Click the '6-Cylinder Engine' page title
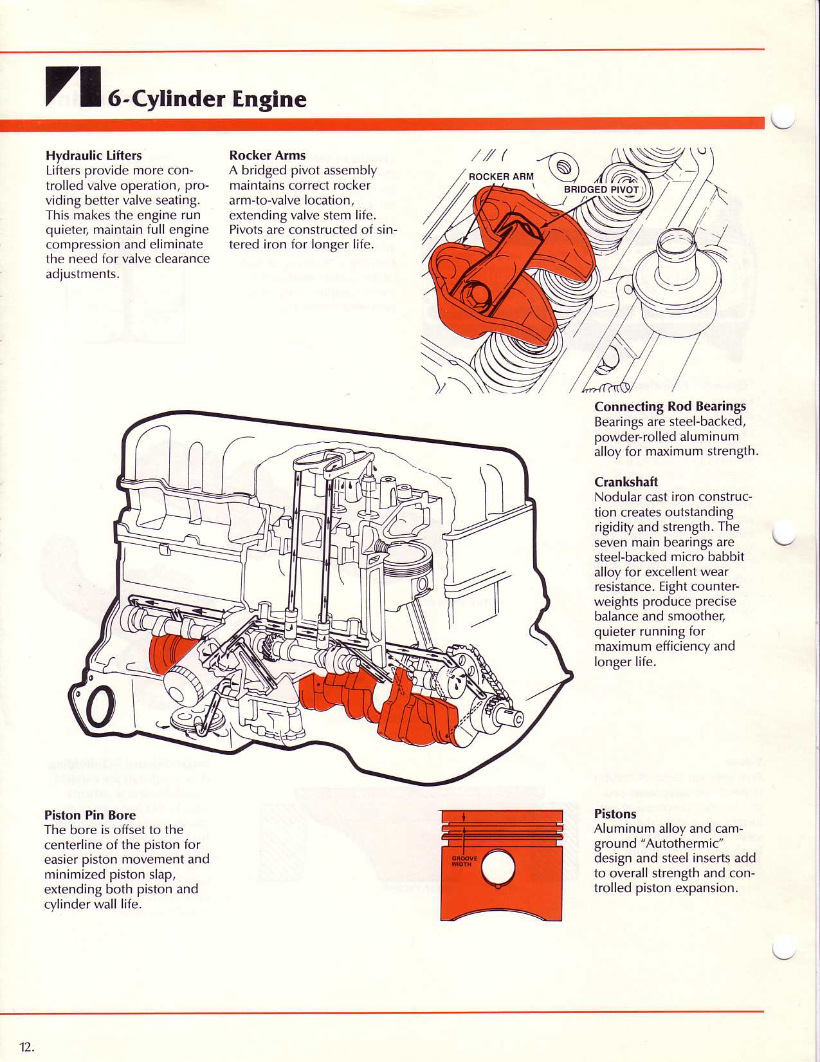coord(206,98)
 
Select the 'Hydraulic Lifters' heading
coord(94,155)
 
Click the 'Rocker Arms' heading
coord(268,155)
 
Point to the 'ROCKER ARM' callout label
coord(501,176)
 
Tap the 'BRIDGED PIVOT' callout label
coord(601,189)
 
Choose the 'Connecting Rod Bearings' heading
coord(670,406)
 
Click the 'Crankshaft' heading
coord(626,482)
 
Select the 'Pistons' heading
coord(615,814)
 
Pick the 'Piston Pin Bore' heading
coord(90,815)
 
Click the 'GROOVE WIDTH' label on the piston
coord(464,861)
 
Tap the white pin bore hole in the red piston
coord(498,868)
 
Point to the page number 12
coord(26,1047)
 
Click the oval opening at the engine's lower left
coord(101,707)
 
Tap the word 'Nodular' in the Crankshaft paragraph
coord(619,497)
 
